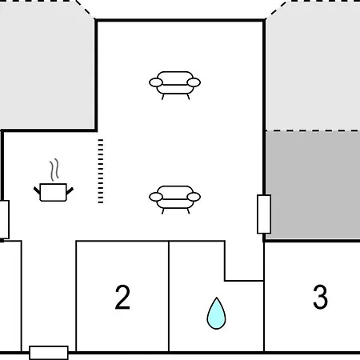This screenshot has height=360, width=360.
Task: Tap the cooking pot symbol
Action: (x=54, y=192)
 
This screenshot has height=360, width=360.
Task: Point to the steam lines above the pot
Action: (x=54, y=170)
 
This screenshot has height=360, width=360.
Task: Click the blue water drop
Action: (x=216, y=314)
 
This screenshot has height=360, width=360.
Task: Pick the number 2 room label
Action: (x=122, y=297)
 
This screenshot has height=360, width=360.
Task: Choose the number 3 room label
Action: (x=320, y=297)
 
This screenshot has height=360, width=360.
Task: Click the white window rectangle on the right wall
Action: (x=264, y=214)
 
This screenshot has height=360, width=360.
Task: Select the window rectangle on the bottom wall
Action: (x=49, y=353)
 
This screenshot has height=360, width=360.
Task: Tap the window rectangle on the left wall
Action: (x=4, y=219)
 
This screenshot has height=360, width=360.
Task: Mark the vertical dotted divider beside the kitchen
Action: (x=101, y=171)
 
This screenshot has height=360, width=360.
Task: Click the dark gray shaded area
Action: (x=313, y=185)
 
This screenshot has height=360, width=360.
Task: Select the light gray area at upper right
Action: (x=313, y=66)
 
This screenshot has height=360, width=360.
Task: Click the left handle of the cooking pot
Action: (x=37, y=190)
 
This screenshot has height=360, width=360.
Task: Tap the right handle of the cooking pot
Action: (x=70, y=190)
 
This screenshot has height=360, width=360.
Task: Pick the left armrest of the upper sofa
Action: (x=156, y=82)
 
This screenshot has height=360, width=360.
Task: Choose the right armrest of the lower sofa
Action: (x=194, y=197)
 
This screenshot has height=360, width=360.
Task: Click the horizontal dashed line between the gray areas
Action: (x=313, y=130)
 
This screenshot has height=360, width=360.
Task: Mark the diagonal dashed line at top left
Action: (x=85, y=9)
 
